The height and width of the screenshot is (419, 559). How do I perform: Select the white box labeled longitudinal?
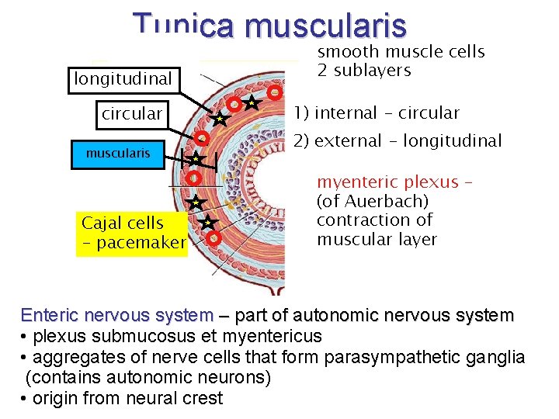tap(122, 79)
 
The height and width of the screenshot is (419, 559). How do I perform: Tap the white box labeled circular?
tap(132, 114)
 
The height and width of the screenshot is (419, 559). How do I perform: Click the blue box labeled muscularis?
tap(118, 154)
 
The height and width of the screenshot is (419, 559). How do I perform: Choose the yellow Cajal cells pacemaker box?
tap(133, 233)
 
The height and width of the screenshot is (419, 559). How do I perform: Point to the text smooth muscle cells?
tap(401, 52)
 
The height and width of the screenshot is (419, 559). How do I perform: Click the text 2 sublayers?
tap(364, 71)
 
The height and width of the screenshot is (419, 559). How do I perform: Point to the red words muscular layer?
tap(377, 239)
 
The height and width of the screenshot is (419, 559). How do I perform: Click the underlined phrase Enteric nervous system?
tap(116, 316)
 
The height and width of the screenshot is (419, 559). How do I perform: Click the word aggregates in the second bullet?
tap(64, 358)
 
